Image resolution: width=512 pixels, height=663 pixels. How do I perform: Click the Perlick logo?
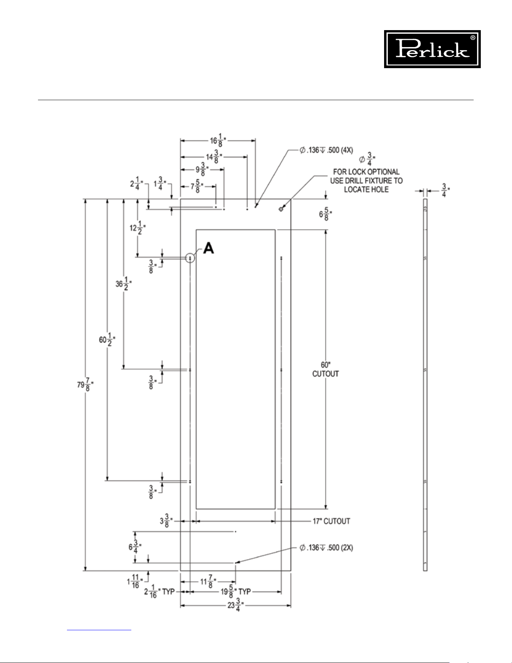(432, 49)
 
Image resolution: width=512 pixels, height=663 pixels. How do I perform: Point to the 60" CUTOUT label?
(326, 369)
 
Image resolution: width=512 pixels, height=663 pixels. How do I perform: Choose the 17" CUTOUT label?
(331, 521)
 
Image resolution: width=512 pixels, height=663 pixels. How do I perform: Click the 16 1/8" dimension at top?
(218, 141)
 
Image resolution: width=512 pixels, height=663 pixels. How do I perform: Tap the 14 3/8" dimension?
(214, 157)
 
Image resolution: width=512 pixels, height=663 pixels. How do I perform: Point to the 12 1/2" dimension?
(138, 228)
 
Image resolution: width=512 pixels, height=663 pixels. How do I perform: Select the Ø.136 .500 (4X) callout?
(326, 150)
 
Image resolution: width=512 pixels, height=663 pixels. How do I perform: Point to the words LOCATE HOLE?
(366, 189)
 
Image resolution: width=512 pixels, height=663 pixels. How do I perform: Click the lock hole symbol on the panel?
(281, 209)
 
